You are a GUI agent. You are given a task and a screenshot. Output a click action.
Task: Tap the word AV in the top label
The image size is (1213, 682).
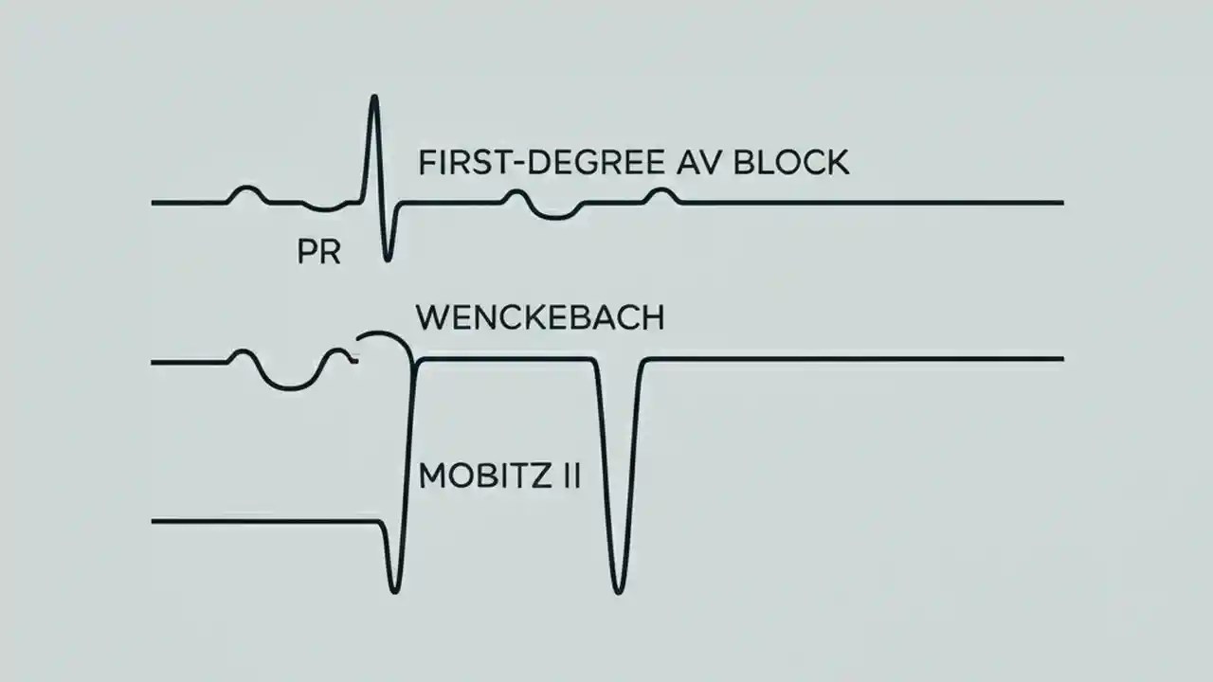point(695,162)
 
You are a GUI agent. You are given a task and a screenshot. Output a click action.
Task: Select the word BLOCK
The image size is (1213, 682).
point(794,162)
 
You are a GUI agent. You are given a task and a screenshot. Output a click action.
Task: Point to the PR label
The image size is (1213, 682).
point(318,254)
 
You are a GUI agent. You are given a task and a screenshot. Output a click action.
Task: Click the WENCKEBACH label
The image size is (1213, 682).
point(540,317)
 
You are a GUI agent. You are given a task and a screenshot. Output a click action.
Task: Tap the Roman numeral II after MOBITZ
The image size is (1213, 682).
point(566,475)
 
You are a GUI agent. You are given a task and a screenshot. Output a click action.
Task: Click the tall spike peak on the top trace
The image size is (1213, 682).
point(374,97)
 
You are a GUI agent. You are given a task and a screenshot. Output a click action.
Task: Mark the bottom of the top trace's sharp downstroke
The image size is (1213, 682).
point(387,259)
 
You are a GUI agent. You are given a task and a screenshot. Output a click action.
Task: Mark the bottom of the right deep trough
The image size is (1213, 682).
point(619,591)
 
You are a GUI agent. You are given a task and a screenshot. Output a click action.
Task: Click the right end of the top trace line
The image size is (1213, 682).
point(1061,203)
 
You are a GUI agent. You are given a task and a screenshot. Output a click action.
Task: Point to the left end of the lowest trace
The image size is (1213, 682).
point(154,521)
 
